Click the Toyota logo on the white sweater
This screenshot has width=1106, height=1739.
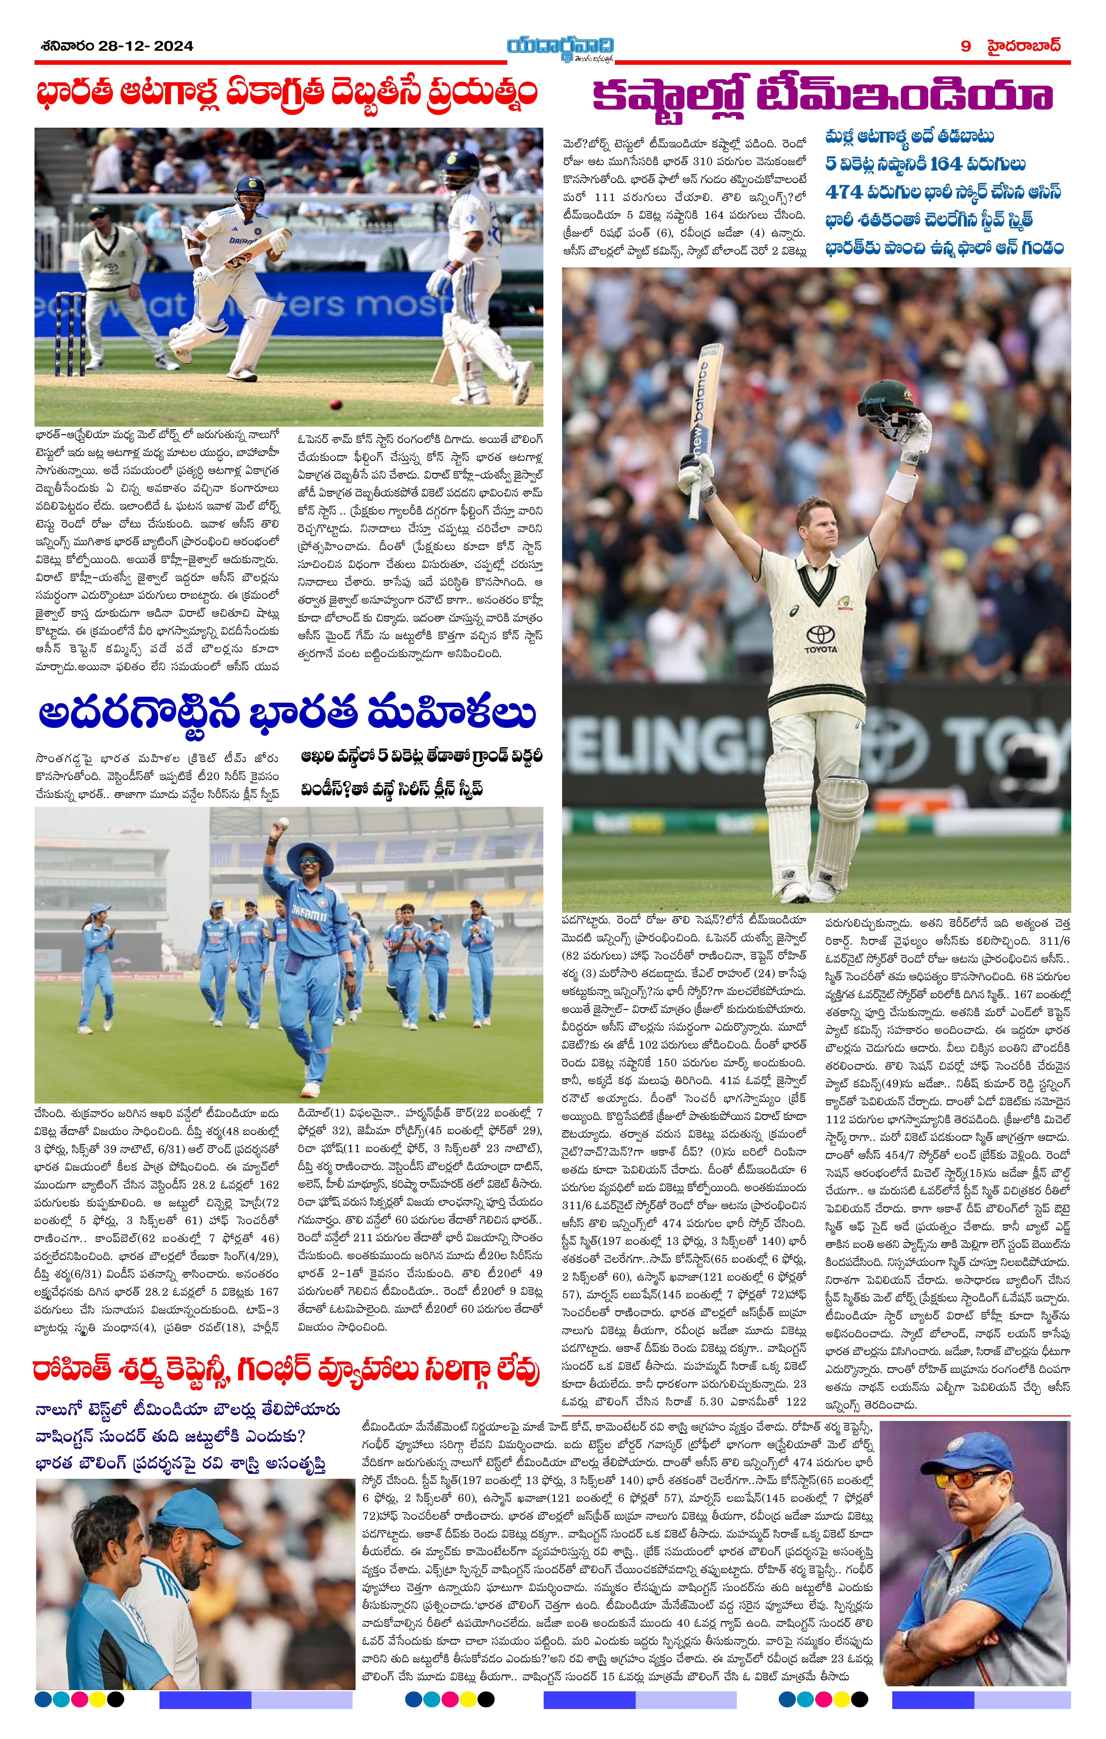pos(821,637)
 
